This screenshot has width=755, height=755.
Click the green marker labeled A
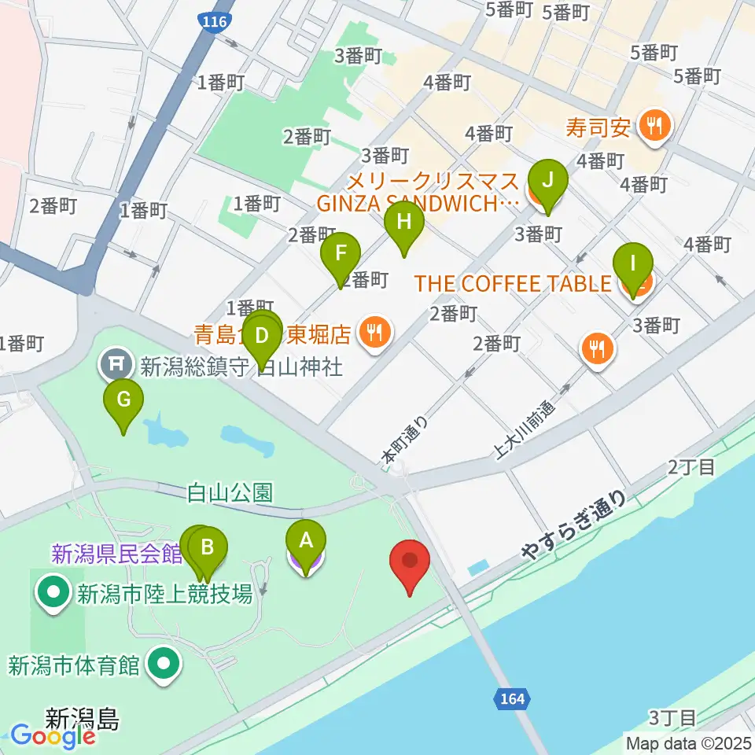tap(306, 540)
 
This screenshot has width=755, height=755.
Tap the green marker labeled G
tap(123, 400)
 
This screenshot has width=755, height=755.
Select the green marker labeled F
tap(341, 254)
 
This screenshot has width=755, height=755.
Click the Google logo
tap(53, 737)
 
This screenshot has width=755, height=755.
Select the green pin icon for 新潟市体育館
tap(164, 666)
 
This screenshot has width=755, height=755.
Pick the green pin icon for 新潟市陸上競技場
tap(54, 591)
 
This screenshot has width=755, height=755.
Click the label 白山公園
tap(230, 493)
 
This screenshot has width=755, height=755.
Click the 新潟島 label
tap(82, 717)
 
